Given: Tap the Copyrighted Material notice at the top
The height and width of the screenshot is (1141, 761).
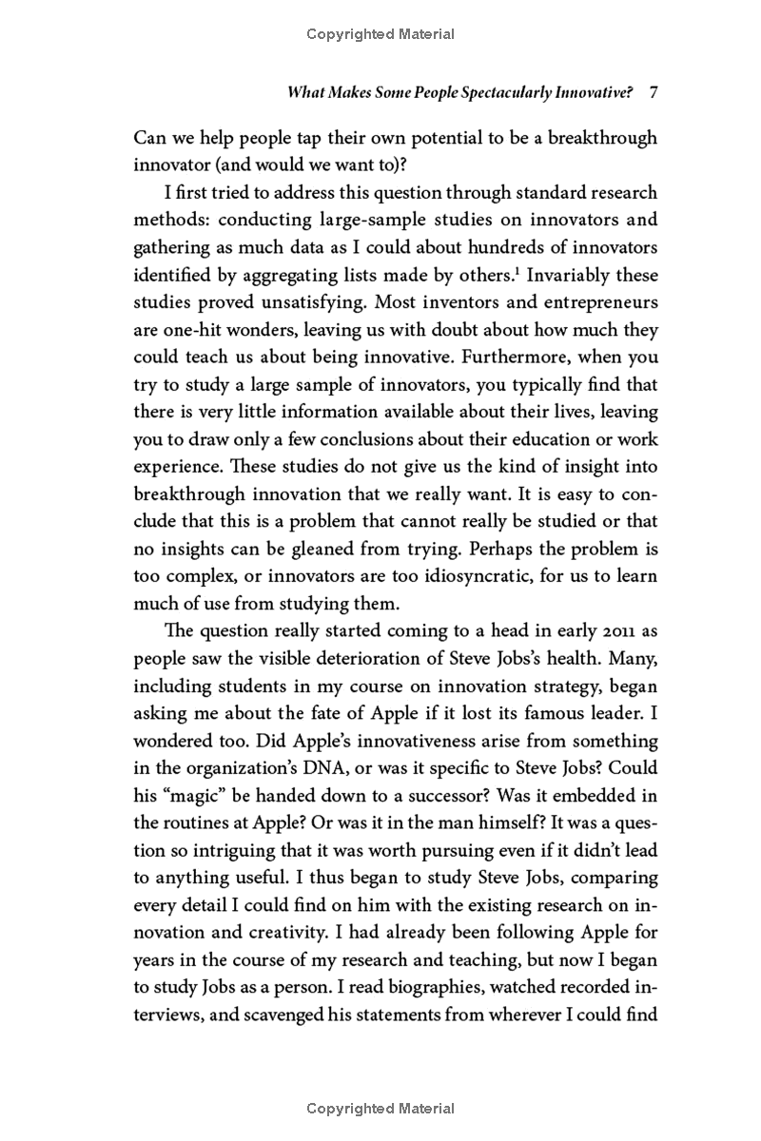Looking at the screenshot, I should click(x=380, y=34).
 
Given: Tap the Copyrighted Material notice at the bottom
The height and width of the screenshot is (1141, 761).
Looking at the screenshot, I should click(x=380, y=1108).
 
